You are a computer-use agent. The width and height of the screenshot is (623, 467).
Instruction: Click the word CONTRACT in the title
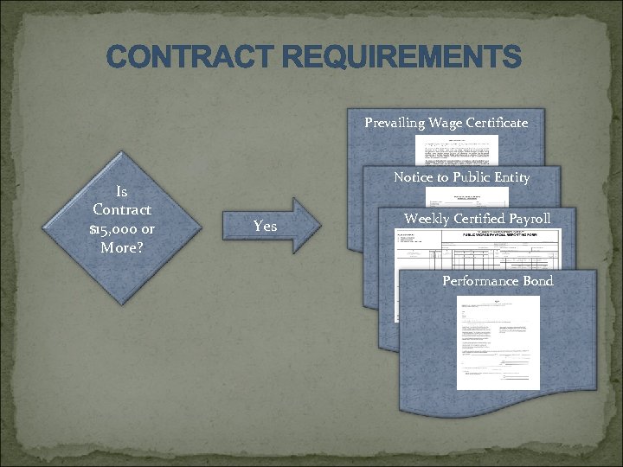click(x=189, y=59)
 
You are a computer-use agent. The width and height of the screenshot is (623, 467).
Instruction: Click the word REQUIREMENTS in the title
click(x=399, y=59)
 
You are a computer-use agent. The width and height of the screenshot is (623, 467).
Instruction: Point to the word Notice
click(x=414, y=177)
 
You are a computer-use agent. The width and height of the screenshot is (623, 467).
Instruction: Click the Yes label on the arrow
click(x=265, y=227)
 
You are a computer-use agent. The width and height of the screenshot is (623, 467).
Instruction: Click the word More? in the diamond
click(x=122, y=247)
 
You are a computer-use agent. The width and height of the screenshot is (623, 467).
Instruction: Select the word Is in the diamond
click(x=122, y=192)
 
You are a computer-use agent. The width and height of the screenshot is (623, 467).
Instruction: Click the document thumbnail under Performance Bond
click(x=498, y=342)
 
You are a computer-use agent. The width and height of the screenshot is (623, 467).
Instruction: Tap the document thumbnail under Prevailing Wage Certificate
click(x=456, y=149)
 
